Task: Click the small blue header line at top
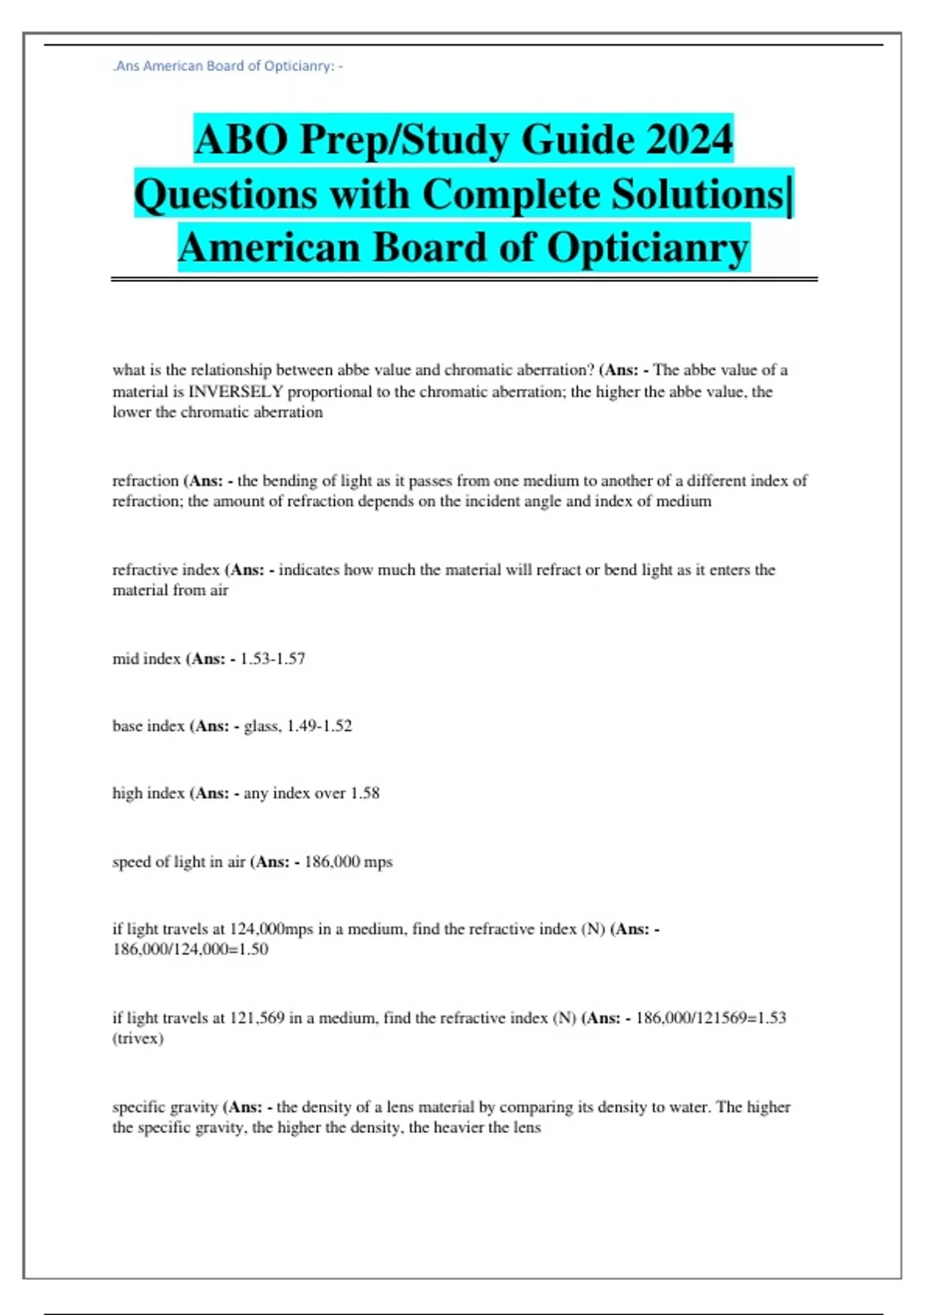click(227, 67)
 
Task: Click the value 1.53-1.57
click(273, 659)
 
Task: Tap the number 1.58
click(365, 794)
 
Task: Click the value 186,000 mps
click(349, 862)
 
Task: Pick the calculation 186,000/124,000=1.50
click(190, 949)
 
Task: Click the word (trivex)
click(138, 1039)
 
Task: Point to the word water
click(685, 1107)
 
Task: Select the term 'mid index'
click(146, 659)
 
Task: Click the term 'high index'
click(148, 794)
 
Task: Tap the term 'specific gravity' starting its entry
click(165, 1107)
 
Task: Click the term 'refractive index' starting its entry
click(166, 570)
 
